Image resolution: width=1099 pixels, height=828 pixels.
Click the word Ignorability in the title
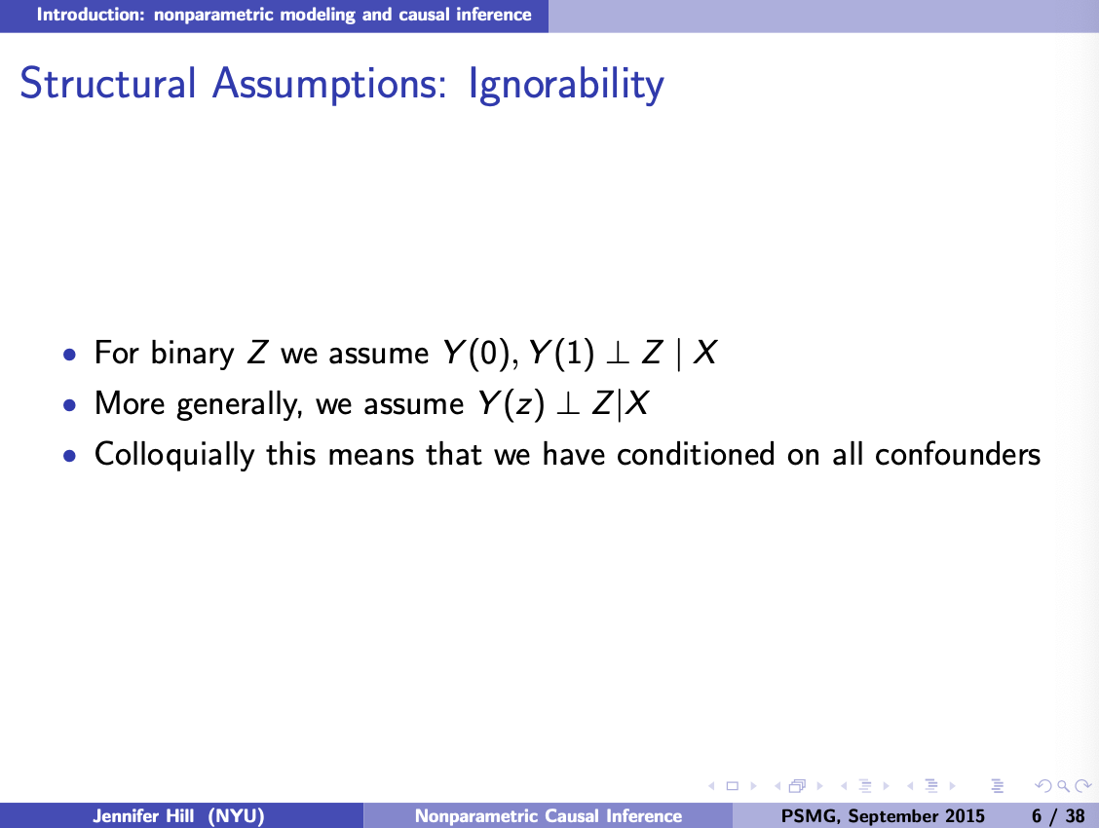(x=566, y=85)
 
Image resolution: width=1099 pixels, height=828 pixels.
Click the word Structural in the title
(x=108, y=83)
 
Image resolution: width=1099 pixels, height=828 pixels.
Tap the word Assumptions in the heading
(x=329, y=85)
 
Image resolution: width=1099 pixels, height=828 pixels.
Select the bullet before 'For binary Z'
(x=68, y=354)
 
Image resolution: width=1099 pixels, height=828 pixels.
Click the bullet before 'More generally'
(x=68, y=404)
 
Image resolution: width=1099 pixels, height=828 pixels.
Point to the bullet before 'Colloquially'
(x=68, y=455)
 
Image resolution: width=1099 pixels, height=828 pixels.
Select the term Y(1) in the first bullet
(x=561, y=353)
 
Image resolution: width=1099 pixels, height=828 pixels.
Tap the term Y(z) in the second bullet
(x=511, y=403)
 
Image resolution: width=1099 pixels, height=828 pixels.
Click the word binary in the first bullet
(x=193, y=353)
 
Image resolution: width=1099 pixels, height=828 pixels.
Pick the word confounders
(x=958, y=455)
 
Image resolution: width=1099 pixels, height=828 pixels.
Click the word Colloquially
(x=174, y=455)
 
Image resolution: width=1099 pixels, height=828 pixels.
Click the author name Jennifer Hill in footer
(x=143, y=815)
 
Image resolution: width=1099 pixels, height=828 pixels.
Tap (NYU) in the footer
(x=236, y=816)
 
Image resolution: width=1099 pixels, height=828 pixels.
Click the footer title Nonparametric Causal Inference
(x=549, y=816)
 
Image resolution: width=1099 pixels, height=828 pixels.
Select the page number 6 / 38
(x=1058, y=816)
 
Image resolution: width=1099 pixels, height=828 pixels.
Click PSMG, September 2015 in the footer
(x=883, y=816)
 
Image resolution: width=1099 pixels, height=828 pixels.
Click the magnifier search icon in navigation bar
(x=1063, y=786)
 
